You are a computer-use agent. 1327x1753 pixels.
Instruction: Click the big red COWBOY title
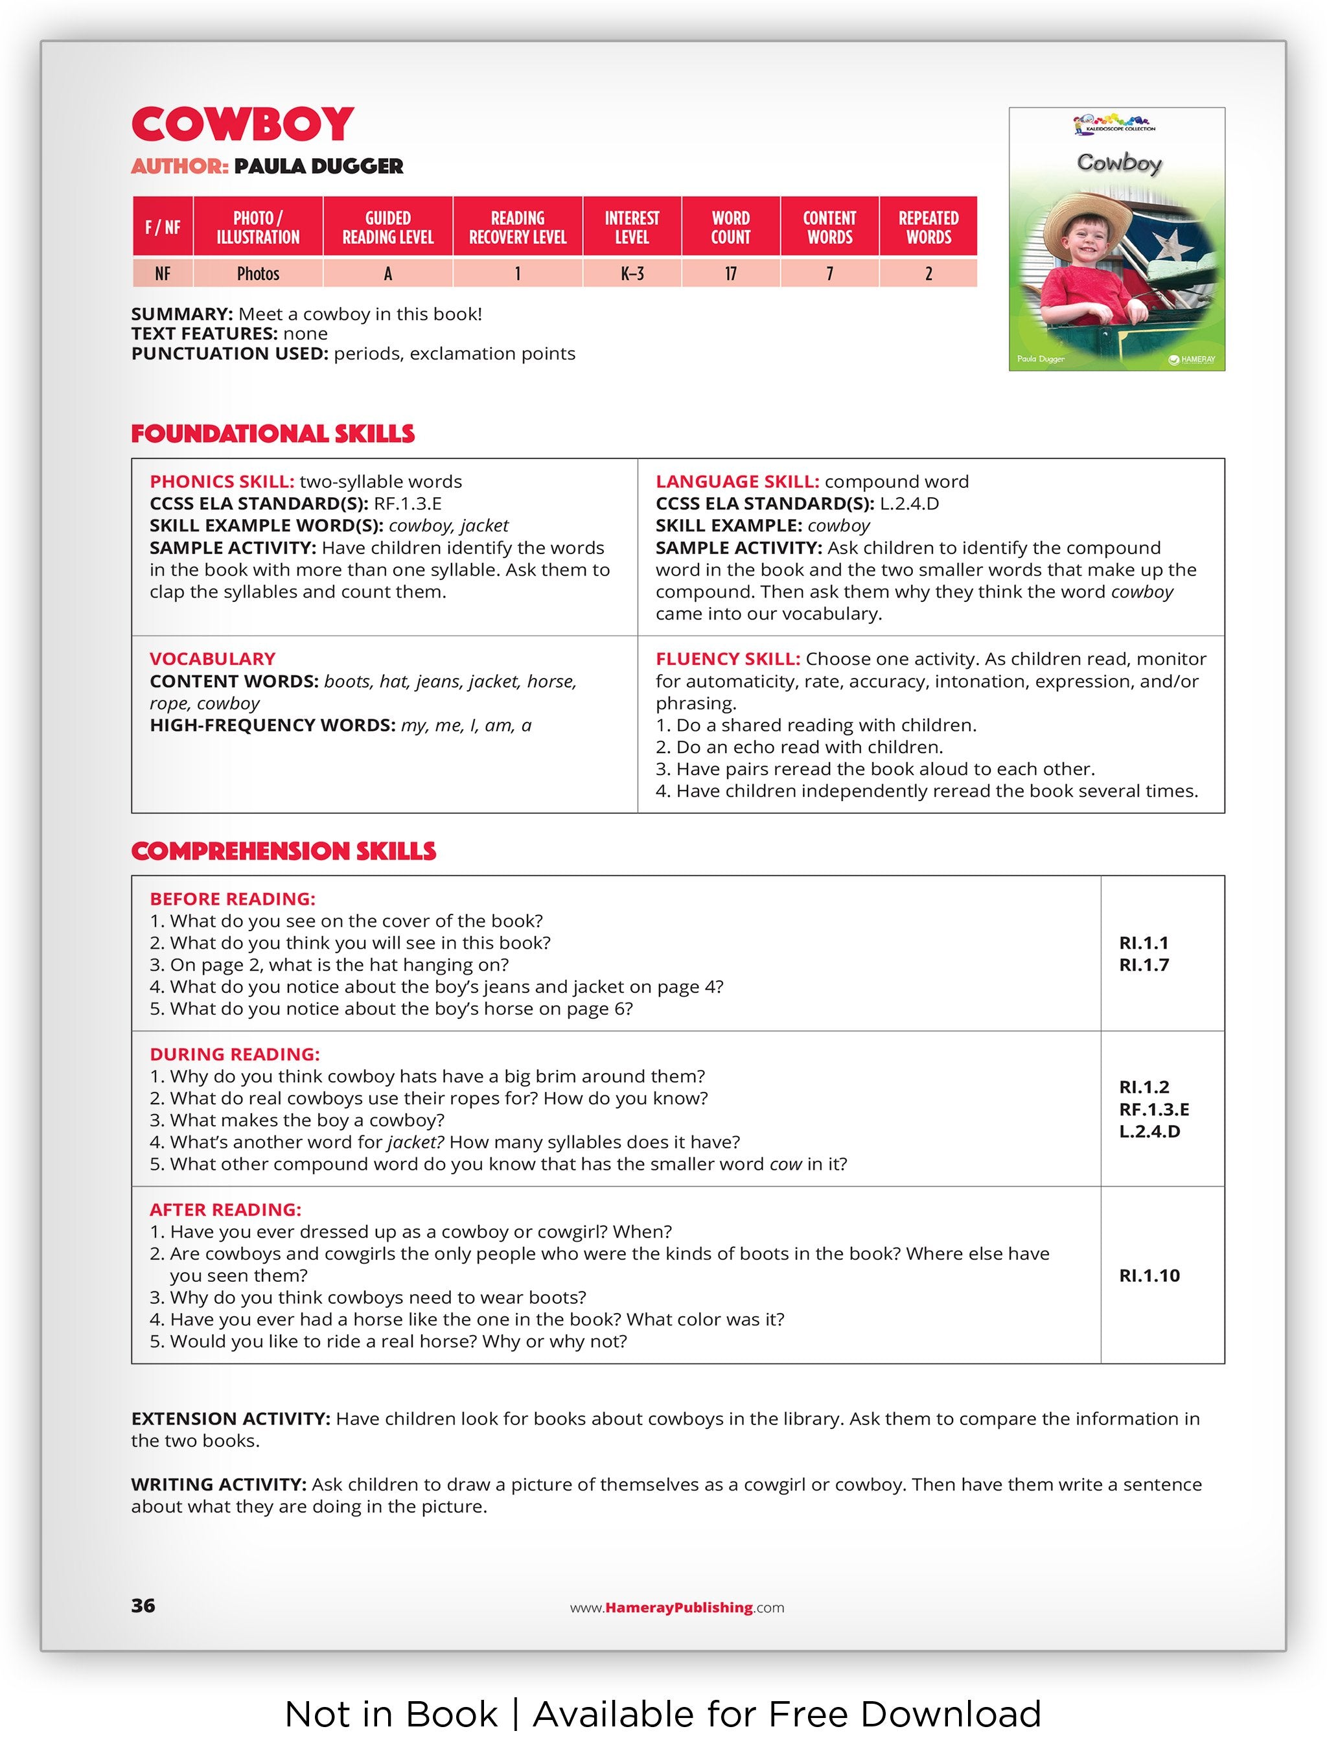242,124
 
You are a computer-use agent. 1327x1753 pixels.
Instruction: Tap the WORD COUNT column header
730,227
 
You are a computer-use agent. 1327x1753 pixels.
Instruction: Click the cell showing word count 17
730,273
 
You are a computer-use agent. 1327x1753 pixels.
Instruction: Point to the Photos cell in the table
259,273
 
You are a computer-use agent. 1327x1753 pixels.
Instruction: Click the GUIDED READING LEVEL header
387,227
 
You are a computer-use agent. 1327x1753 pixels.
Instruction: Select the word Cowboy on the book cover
1118,163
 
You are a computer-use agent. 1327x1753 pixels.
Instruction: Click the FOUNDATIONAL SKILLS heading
273,434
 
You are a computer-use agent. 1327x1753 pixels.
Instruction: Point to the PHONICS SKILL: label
222,482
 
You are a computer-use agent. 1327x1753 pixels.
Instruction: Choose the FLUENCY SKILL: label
727,658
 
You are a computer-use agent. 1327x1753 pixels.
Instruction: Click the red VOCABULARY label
213,658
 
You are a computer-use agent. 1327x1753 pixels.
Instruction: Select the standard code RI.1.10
1149,1275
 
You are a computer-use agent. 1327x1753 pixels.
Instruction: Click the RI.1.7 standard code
1143,964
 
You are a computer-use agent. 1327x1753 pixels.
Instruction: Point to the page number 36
143,1605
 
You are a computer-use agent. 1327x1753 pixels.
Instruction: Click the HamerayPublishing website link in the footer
677,1607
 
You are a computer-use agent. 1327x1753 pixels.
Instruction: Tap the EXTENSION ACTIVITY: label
231,1418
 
